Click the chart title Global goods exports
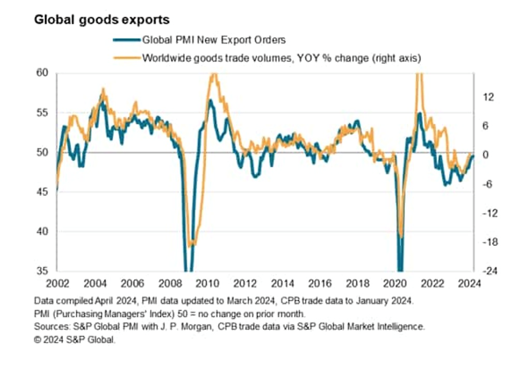click(x=101, y=20)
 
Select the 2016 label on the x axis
click(x=319, y=284)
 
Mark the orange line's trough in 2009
click(x=192, y=245)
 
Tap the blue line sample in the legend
click(x=127, y=40)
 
